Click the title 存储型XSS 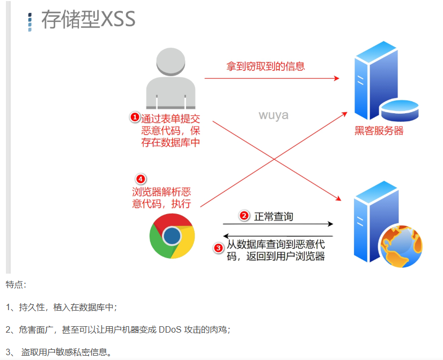pos(88,19)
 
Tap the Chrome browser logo pos(172,236)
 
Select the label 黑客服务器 pos(379,130)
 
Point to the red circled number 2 pos(244,216)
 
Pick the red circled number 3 pos(218,248)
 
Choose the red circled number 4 pos(141,179)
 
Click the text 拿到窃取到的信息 pos(265,67)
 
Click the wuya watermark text pos(274,115)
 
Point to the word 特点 pos(16,284)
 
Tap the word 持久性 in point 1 pos(34,307)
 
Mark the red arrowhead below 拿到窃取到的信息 pos(336,78)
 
